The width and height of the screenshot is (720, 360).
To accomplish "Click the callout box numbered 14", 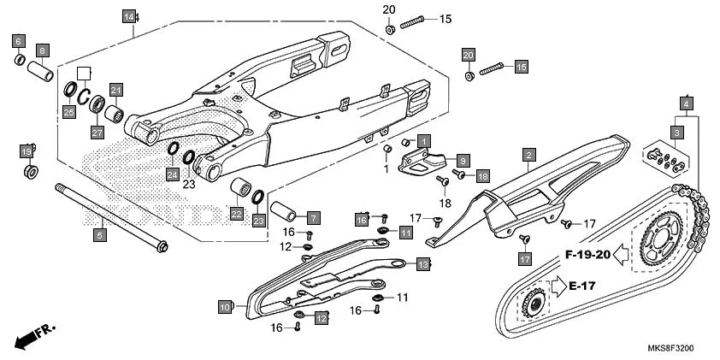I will (x=128, y=17).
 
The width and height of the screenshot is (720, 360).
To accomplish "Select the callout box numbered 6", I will (x=19, y=40).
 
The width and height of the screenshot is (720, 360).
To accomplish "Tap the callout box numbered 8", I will (x=42, y=50).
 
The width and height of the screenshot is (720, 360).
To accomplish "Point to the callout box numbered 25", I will (x=68, y=112).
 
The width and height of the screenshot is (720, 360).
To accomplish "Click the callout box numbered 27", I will (x=97, y=133).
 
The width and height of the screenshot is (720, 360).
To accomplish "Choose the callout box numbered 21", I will (x=116, y=90).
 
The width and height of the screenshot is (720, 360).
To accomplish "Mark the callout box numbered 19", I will (x=27, y=151).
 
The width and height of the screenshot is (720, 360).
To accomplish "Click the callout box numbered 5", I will (x=99, y=233).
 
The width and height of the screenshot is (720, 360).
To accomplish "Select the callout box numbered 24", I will (x=172, y=175).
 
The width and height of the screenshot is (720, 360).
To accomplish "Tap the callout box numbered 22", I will (x=235, y=211).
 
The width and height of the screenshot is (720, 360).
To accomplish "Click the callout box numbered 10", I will (x=225, y=307).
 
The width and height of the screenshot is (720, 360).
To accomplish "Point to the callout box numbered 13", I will (x=422, y=266).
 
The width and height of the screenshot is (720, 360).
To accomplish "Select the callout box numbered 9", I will (x=462, y=160).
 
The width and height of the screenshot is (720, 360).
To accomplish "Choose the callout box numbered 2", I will (x=529, y=155).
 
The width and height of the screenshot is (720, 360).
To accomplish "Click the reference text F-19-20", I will (x=587, y=255).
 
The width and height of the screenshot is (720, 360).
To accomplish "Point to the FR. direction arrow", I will (x=33, y=333).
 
